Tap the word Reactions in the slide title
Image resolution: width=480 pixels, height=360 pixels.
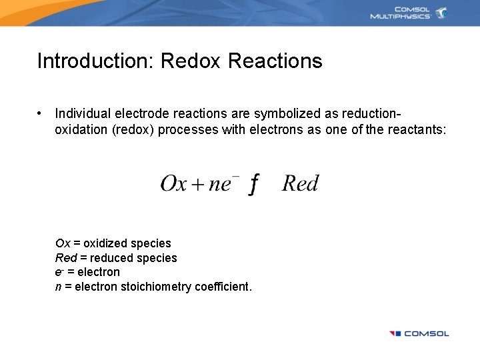(x=275, y=61)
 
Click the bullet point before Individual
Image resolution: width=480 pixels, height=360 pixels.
(x=41, y=114)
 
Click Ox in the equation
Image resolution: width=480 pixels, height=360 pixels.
(x=173, y=183)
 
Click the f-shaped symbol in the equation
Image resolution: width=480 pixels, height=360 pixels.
(x=253, y=185)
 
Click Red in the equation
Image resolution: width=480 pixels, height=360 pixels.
(x=300, y=183)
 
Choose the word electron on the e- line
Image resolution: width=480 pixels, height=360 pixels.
(x=99, y=272)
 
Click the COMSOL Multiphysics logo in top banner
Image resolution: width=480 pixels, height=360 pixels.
(x=409, y=13)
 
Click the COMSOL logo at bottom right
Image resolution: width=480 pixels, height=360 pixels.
(x=419, y=333)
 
